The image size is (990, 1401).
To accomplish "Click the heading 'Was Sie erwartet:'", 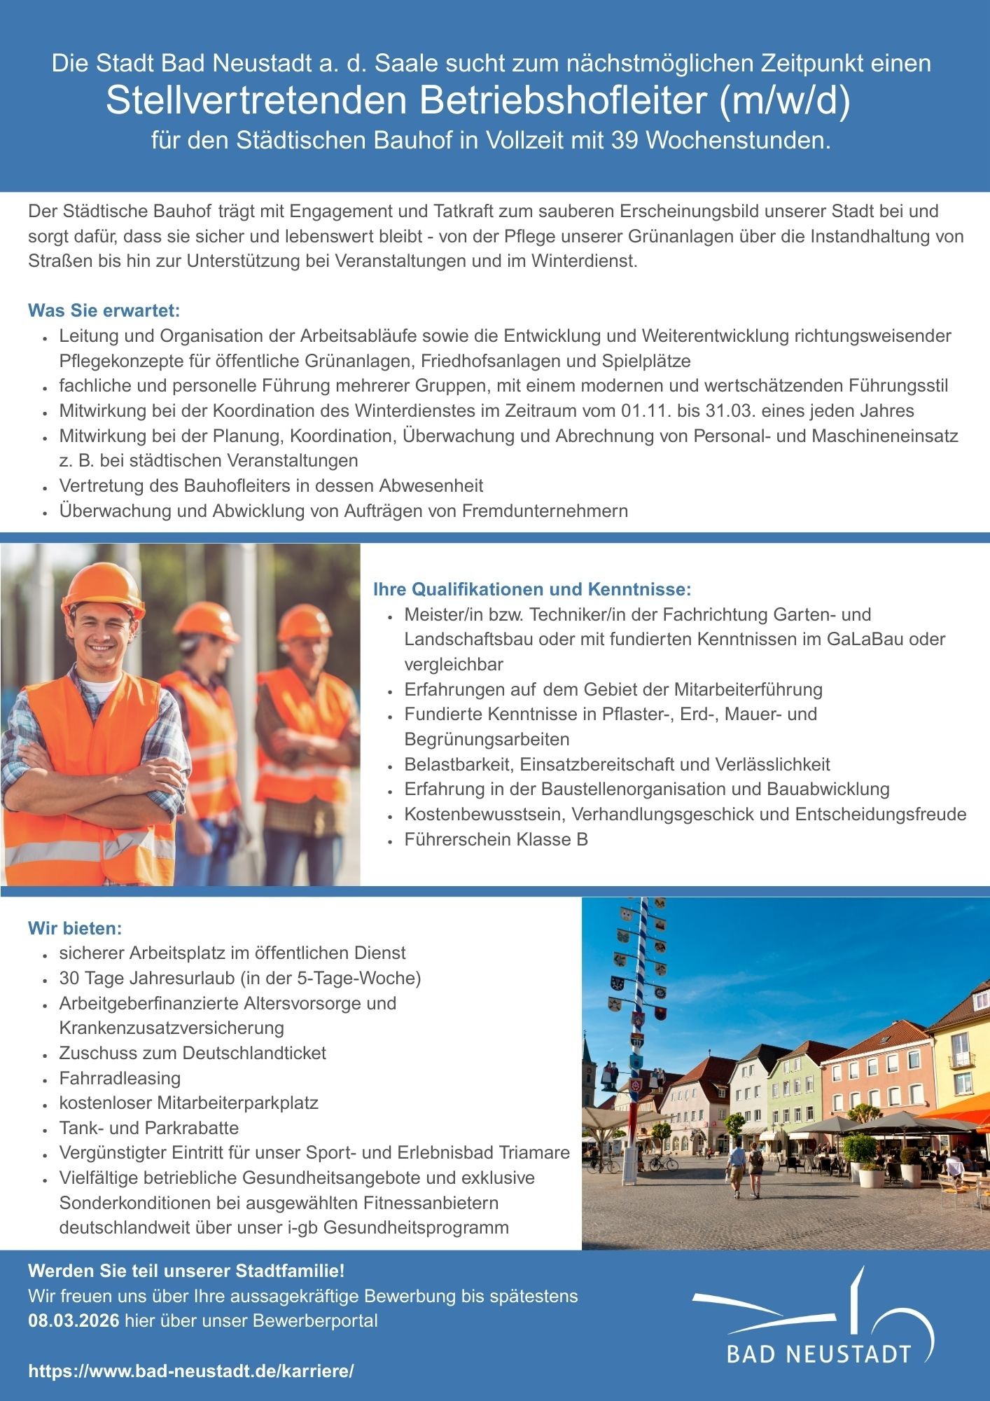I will click(x=104, y=310).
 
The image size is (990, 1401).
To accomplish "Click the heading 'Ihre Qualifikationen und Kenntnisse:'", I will click(x=532, y=588).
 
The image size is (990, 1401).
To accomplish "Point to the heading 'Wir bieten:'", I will click(x=75, y=928).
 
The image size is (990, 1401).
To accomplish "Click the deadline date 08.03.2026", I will click(x=74, y=1321).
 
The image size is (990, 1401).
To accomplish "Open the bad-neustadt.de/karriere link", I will click(x=191, y=1371).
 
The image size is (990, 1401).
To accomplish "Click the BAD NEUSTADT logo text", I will click(x=819, y=1353).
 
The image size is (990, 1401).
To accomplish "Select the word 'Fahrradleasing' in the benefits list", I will click(x=120, y=1078).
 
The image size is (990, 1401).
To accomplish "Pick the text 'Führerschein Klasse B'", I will click(x=496, y=839).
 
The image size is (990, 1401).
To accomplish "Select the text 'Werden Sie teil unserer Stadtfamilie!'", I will click(x=186, y=1270).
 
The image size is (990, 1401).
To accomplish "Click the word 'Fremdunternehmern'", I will click(x=545, y=511).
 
